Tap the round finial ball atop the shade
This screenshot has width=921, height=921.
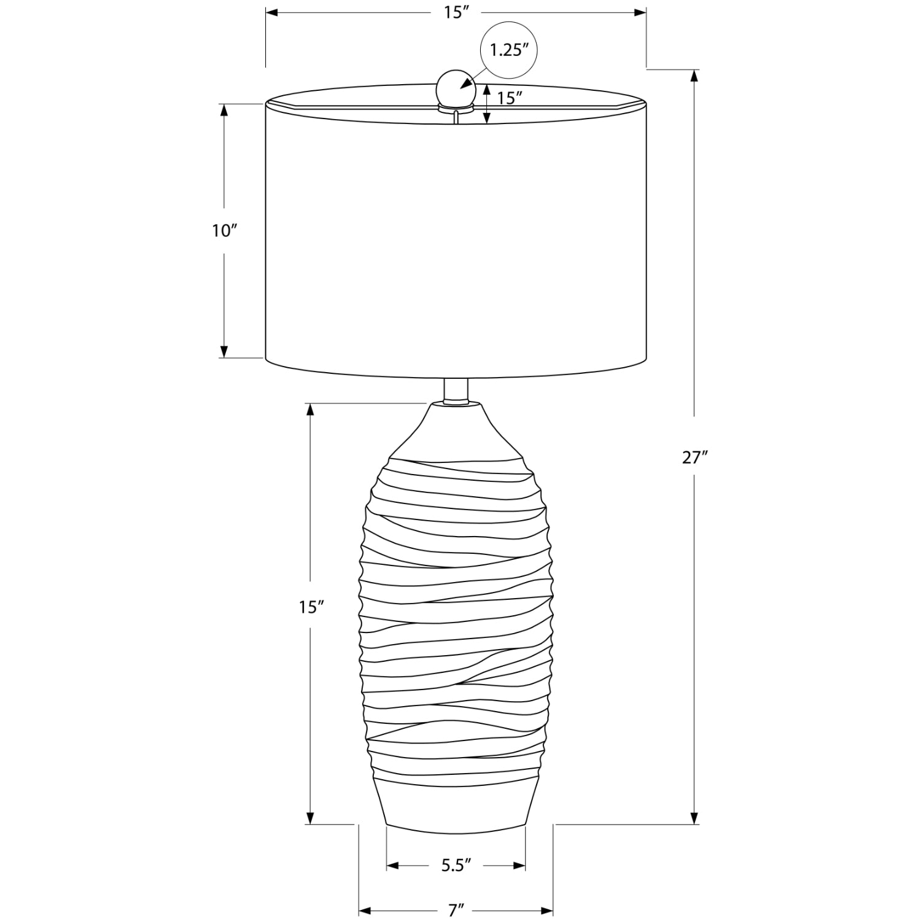click(x=456, y=87)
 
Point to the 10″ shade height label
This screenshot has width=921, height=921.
click(x=224, y=231)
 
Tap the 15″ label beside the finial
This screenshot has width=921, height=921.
click(x=510, y=97)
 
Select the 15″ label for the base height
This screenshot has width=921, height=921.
click(x=311, y=607)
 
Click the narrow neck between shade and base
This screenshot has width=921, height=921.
click(x=456, y=391)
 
